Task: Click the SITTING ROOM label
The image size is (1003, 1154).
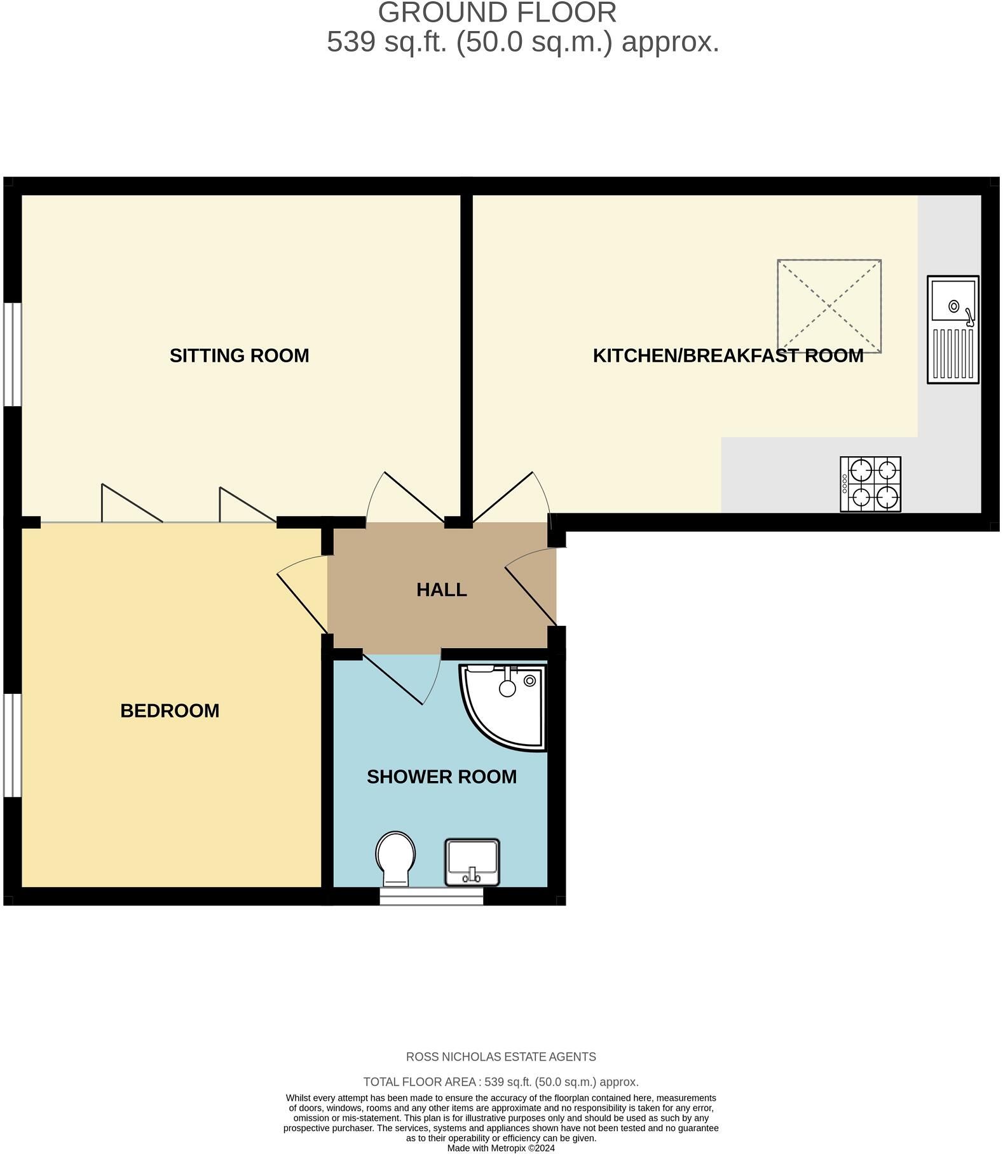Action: [239, 355]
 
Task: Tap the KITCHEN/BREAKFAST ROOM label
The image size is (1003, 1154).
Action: [728, 355]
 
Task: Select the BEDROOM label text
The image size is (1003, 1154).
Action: [170, 710]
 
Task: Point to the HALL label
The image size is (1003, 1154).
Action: [442, 590]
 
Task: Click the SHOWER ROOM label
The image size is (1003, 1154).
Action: [442, 777]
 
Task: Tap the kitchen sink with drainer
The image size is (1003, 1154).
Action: [952, 329]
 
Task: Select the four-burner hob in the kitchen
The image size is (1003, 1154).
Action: [870, 484]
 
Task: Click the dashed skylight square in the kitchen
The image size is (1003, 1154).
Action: [829, 306]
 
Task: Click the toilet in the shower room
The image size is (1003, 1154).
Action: [395, 859]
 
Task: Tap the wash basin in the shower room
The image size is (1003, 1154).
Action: [472, 862]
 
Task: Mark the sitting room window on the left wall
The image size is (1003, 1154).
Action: [12, 354]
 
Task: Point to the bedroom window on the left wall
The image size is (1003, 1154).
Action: [12, 745]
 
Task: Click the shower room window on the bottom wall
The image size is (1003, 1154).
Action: [432, 896]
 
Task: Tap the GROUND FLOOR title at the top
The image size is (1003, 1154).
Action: [497, 13]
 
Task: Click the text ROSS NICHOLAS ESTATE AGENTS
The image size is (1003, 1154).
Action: [501, 1057]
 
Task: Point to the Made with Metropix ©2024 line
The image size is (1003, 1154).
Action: [501, 1148]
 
